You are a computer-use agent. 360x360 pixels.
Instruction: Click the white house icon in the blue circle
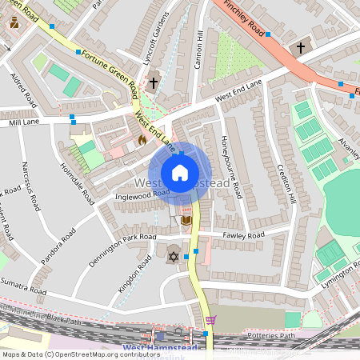point(180,173)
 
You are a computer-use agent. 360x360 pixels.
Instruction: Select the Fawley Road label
point(244,236)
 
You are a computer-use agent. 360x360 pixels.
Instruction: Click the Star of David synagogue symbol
point(172,257)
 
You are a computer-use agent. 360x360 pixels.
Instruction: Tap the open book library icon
point(186,220)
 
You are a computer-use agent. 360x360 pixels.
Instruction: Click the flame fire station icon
point(142,139)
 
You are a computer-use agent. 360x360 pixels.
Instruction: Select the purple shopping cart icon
point(210,320)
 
